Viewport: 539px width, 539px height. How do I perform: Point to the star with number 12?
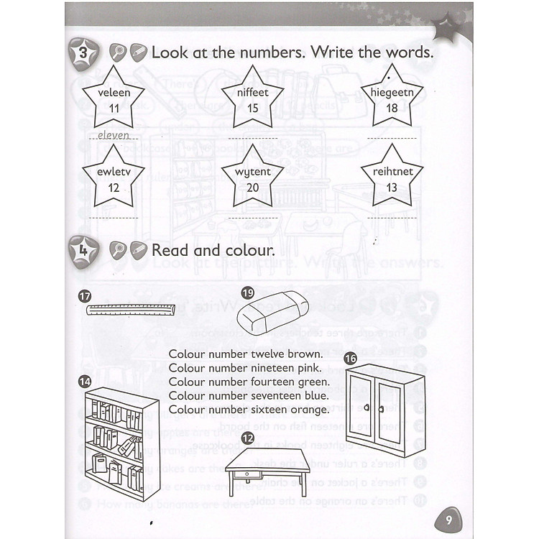(114, 179)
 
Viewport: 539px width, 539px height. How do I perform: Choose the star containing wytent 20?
(252, 179)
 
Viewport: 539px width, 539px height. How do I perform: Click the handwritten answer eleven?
(113, 134)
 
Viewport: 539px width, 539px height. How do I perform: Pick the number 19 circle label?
(248, 292)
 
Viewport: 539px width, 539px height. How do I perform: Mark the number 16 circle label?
(351, 357)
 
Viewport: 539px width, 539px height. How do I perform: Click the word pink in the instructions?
(309, 368)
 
